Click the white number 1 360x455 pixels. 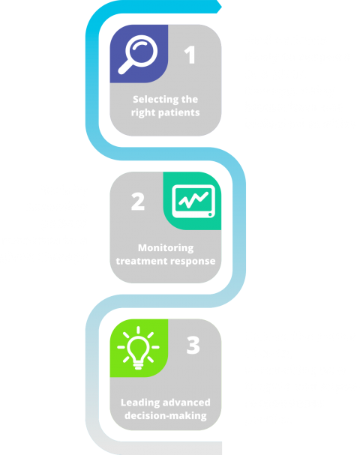(x=190, y=55)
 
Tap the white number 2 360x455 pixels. (x=137, y=201)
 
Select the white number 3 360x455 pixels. (x=193, y=345)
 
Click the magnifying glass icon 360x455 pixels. (x=137, y=55)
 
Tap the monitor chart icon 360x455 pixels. (x=193, y=201)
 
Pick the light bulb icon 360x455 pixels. (x=138, y=348)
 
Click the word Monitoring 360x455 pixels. (x=166, y=248)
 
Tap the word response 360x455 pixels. (x=193, y=262)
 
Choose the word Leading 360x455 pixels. (x=140, y=403)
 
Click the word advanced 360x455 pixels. (x=187, y=403)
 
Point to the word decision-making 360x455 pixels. (x=166, y=416)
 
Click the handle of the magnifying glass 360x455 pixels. (x=124, y=67)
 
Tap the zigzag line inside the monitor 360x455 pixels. (x=193, y=199)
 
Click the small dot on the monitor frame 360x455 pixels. (x=210, y=214)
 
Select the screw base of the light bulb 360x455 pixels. (x=138, y=365)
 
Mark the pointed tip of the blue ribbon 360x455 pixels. (x=221, y=7)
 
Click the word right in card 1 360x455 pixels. (x=141, y=113)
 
